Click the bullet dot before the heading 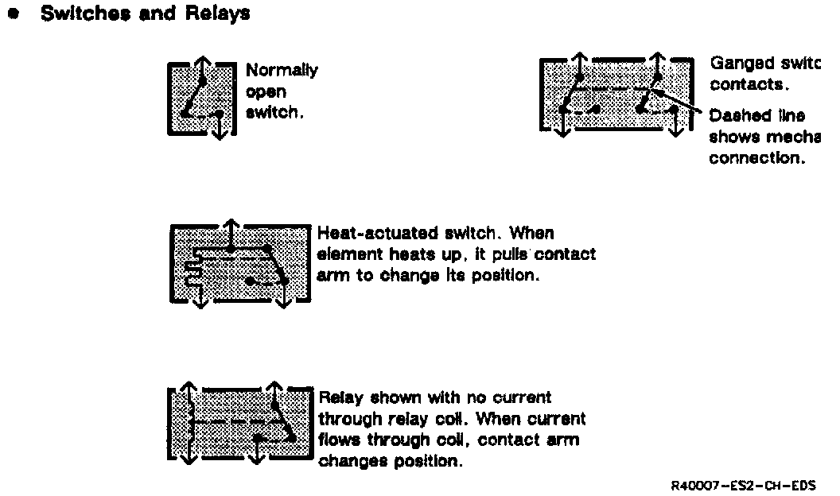(x=13, y=14)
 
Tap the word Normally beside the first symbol (x=282, y=71)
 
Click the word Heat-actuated (x=370, y=234)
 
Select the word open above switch (x=266, y=92)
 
